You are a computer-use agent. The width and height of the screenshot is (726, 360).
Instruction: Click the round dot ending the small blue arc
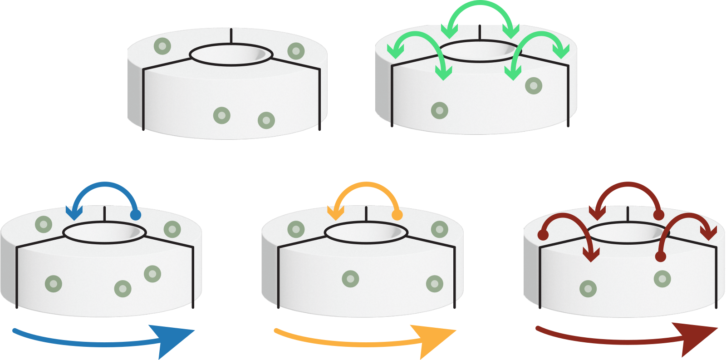click(x=135, y=215)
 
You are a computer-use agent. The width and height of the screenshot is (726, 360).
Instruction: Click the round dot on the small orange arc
click(x=397, y=215)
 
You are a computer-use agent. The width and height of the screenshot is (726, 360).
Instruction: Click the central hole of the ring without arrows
click(x=231, y=54)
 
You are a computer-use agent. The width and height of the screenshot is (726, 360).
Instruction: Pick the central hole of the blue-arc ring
click(x=105, y=232)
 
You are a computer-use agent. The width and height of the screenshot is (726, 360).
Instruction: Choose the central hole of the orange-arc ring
click(x=366, y=232)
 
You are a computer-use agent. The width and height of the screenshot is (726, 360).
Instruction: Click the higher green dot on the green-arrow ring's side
click(x=534, y=85)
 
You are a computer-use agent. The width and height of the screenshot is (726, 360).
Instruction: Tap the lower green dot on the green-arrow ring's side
click(x=439, y=110)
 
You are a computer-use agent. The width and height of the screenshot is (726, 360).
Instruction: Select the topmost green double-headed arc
click(x=480, y=9)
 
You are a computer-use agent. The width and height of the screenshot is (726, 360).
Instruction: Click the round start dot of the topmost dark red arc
click(x=659, y=215)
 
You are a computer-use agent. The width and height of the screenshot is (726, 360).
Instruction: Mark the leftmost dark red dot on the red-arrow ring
click(x=543, y=235)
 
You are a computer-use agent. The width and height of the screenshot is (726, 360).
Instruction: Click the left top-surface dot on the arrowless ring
click(x=162, y=46)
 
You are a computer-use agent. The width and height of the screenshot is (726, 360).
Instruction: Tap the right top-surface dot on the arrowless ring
click(x=296, y=51)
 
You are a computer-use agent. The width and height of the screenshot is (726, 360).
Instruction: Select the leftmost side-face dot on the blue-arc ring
click(x=54, y=284)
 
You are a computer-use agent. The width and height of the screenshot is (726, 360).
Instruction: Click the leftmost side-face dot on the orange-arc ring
click(x=350, y=279)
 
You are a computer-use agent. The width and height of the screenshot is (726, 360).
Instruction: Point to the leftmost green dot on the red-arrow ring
click(x=588, y=288)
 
